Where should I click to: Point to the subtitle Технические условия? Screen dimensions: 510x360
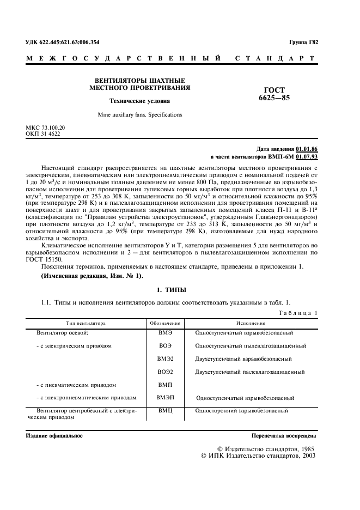click(140, 101)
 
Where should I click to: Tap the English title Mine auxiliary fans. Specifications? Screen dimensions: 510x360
click(140, 115)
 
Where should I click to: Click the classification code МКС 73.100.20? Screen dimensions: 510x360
click(45, 127)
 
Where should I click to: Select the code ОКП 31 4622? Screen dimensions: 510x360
click(44, 133)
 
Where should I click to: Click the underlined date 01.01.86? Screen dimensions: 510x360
click(307, 149)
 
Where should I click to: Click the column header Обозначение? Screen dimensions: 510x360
click(166, 323)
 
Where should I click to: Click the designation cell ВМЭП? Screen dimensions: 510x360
click(166, 398)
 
